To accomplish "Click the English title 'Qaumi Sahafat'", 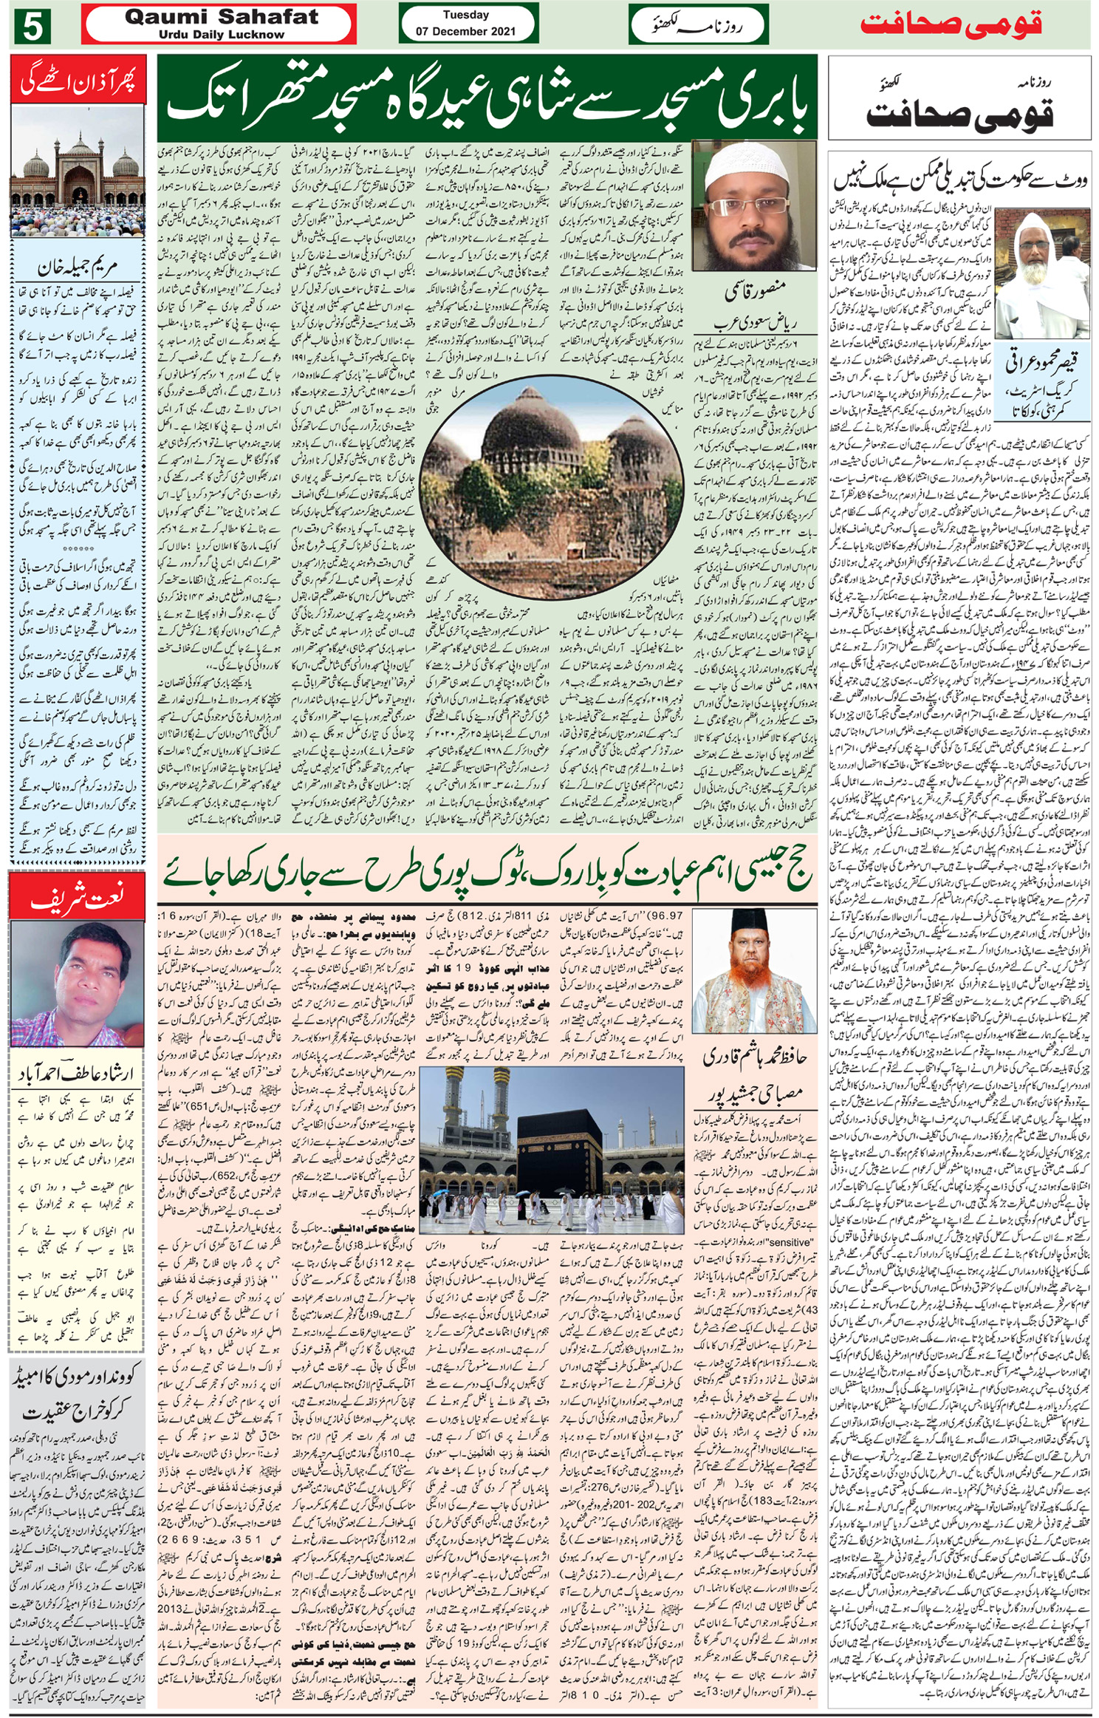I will tap(221, 16).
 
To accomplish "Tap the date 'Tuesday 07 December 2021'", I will tap(466, 24).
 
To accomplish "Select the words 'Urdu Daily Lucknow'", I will tap(221, 35).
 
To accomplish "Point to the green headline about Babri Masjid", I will tap(487, 98).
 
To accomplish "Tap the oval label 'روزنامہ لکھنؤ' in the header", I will tap(698, 24).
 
